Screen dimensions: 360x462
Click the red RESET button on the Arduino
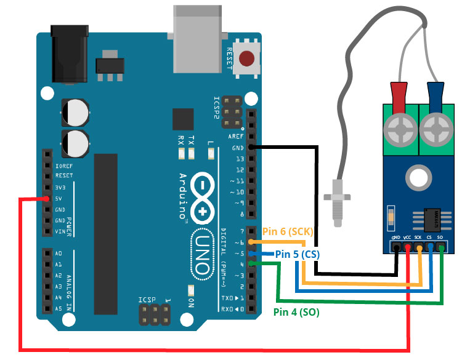tap(247, 59)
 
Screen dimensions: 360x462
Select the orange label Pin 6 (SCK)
tap(288, 231)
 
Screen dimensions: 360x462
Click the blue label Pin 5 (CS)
tap(297, 254)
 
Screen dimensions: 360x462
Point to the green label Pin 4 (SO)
tap(296, 312)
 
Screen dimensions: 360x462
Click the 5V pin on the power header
tap(47, 199)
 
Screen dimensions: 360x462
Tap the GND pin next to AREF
tap(251, 147)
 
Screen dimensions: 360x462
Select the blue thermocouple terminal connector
tap(437, 98)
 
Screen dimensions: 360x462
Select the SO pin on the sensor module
tap(441, 248)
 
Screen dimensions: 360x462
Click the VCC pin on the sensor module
tap(408, 248)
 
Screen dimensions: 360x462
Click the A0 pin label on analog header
tap(59, 254)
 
